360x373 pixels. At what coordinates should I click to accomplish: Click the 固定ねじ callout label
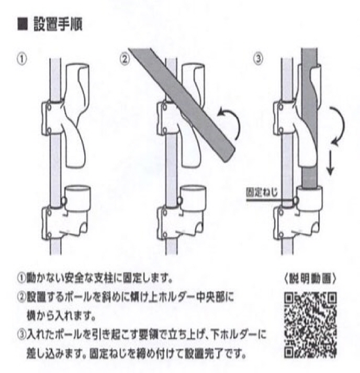260,192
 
